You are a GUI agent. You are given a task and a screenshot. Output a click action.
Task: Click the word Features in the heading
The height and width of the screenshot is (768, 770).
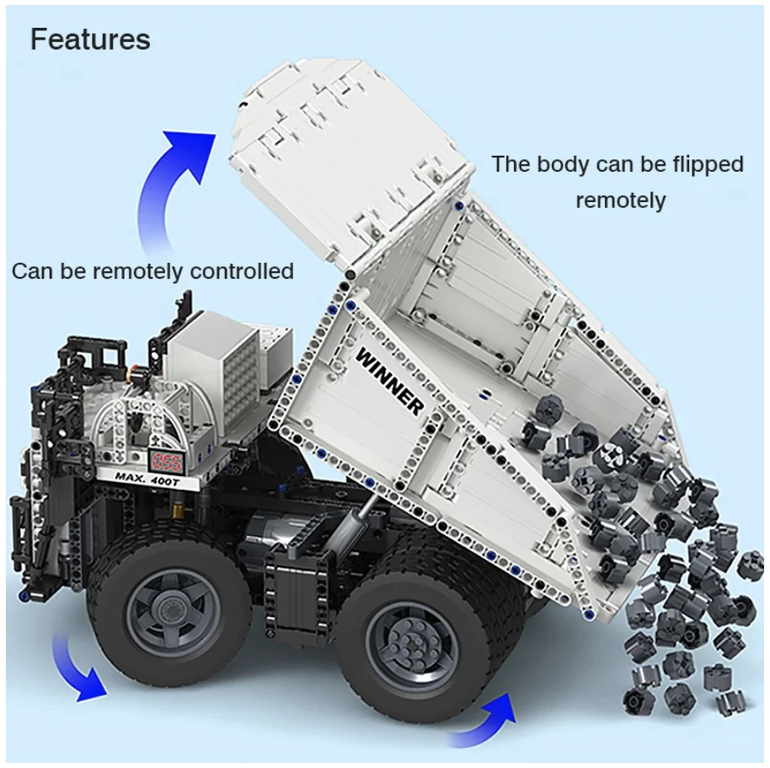click(90, 40)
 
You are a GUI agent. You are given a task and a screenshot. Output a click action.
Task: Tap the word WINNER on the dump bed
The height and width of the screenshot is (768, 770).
click(390, 381)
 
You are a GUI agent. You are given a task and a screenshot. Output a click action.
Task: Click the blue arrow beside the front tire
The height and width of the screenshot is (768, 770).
click(76, 669)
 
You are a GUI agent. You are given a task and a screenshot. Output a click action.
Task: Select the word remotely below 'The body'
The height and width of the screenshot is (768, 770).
click(621, 200)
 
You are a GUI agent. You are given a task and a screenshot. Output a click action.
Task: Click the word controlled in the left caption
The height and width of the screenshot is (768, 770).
click(242, 271)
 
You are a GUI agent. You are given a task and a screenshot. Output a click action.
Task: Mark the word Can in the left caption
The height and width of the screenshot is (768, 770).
click(31, 271)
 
